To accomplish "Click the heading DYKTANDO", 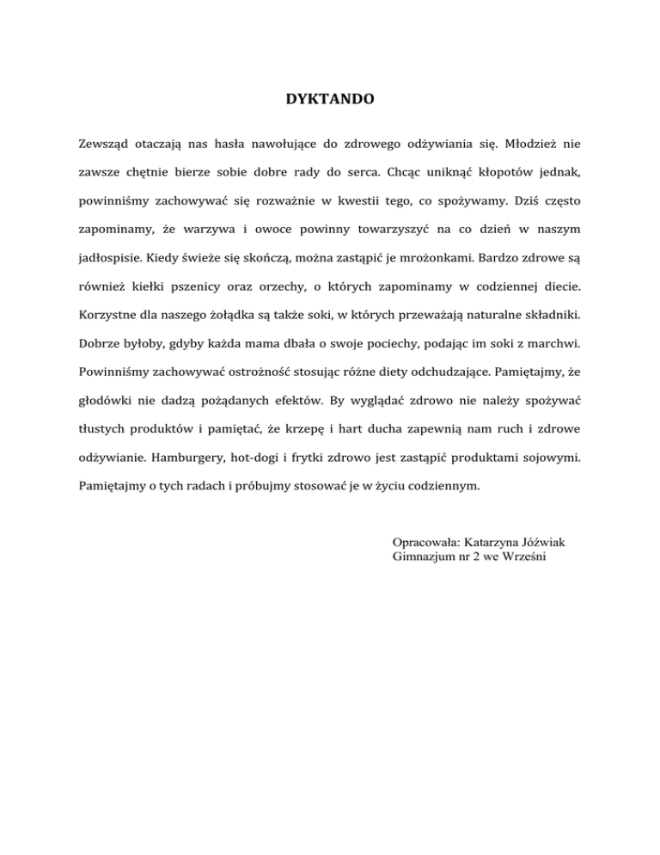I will pyautogui.click(x=330, y=100).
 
